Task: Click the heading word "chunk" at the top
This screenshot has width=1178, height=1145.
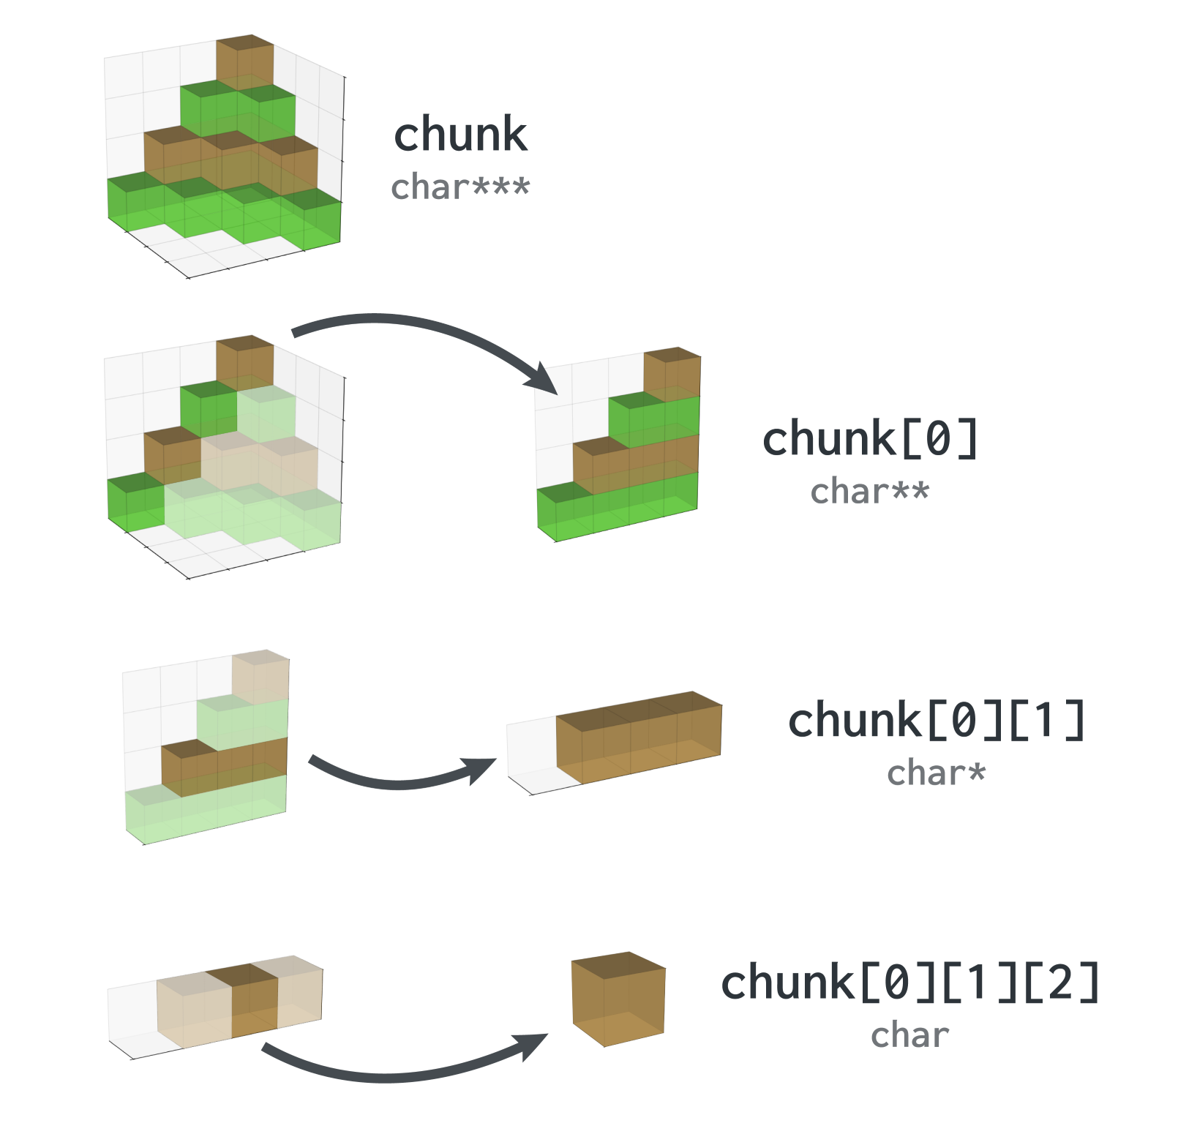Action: tap(460, 135)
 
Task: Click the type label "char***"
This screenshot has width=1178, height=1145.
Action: tap(460, 187)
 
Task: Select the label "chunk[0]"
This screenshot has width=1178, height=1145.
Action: tap(870, 439)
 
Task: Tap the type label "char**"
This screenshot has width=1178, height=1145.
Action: tap(870, 491)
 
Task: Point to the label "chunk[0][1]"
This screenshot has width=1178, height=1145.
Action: tap(937, 720)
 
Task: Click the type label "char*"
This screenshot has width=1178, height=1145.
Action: tap(937, 773)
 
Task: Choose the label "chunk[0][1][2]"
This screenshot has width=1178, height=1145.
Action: tap(910, 982)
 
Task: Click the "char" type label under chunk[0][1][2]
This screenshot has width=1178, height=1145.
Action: tap(910, 1035)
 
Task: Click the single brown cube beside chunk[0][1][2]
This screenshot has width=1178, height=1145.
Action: tap(618, 999)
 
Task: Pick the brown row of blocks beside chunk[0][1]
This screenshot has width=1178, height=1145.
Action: tap(639, 737)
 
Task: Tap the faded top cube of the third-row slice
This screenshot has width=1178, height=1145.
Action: tap(261, 677)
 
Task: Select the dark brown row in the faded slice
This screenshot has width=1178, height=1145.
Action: tap(225, 767)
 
